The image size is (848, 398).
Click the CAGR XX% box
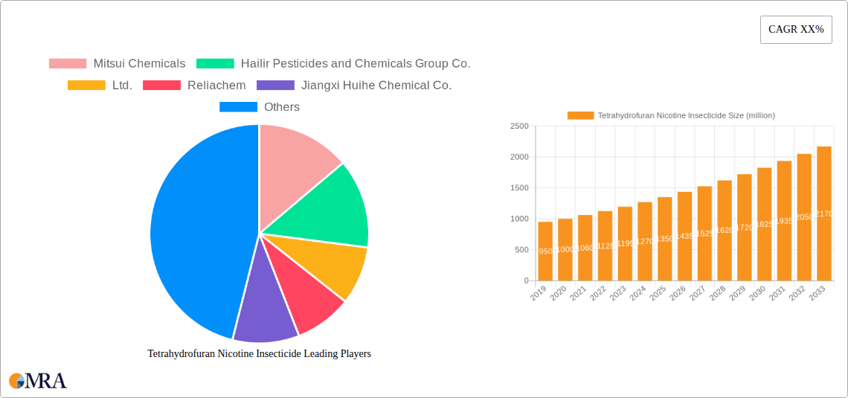(x=796, y=30)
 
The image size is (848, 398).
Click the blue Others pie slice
(x=193, y=231)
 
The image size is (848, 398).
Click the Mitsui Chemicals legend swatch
(x=68, y=63)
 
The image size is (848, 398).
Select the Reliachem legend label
(x=216, y=85)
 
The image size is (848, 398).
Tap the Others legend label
(x=282, y=107)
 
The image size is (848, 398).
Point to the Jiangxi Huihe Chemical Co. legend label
(x=376, y=85)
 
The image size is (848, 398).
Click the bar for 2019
(x=545, y=251)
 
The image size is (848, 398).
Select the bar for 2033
(x=824, y=214)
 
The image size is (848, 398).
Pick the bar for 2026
(x=684, y=236)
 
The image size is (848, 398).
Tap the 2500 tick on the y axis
(x=519, y=126)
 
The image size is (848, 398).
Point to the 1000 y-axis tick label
(x=519, y=219)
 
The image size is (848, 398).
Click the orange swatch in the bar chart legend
(x=580, y=115)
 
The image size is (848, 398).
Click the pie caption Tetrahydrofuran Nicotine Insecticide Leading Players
(x=259, y=354)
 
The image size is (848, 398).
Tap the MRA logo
(x=38, y=381)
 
